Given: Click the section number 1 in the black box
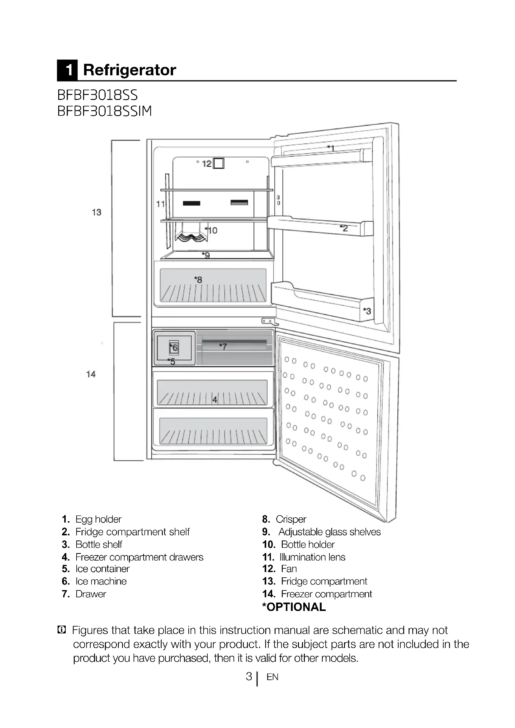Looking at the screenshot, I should [x=68, y=70].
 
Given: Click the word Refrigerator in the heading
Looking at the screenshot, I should [x=130, y=70].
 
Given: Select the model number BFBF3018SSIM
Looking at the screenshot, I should [x=105, y=111].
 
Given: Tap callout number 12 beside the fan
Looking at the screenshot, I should [x=207, y=164].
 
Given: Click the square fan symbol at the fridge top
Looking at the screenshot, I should [x=219, y=163].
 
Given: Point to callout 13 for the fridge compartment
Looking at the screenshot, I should [x=97, y=212].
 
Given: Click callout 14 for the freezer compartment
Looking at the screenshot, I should [x=91, y=374].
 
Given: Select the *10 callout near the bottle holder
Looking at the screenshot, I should [x=211, y=230].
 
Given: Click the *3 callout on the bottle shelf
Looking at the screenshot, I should [x=367, y=311].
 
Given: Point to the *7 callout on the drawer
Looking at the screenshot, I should [x=223, y=346].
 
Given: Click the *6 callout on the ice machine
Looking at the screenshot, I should [x=174, y=348].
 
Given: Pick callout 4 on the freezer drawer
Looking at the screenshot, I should [x=215, y=400].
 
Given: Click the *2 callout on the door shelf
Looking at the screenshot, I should [x=344, y=228].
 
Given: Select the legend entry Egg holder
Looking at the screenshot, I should [x=98, y=519].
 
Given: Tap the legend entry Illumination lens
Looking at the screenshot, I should [x=312, y=557].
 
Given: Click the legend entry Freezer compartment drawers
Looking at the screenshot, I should [x=139, y=557].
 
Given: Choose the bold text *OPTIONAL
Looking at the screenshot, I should [x=294, y=607].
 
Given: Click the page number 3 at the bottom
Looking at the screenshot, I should [x=249, y=676].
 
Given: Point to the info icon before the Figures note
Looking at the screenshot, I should [x=62, y=630].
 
